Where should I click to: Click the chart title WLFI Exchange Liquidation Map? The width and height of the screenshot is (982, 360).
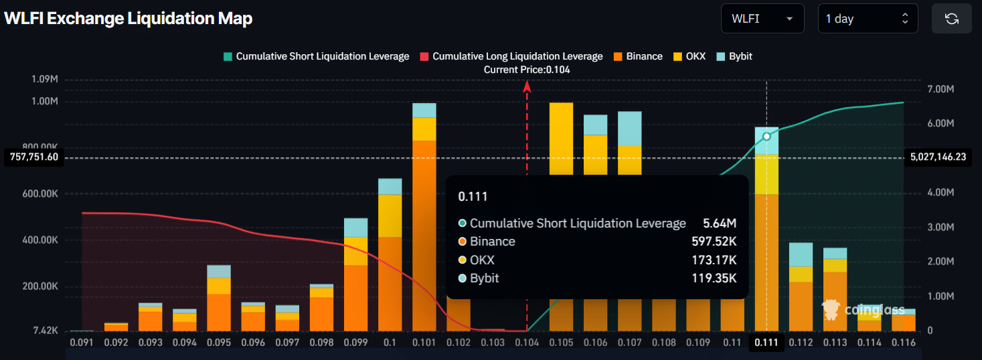[128, 19]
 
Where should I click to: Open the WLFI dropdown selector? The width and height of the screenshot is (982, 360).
[761, 19]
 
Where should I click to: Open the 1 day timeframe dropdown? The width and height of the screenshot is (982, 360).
[867, 19]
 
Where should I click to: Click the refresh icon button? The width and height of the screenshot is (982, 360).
[951, 19]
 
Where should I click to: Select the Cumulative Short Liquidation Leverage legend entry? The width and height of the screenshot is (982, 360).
[316, 56]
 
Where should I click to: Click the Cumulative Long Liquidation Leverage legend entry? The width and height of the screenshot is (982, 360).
[511, 56]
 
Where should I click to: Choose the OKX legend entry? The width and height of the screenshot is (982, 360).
[689, 56]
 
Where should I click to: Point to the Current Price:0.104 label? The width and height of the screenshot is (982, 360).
[527, 70]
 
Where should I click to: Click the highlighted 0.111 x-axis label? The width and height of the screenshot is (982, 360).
[766, 342]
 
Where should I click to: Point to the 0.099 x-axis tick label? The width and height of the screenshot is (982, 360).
[355, 342]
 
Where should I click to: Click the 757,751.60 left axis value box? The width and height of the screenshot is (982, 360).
[33, 157]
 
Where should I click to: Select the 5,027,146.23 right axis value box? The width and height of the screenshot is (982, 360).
[938, 157]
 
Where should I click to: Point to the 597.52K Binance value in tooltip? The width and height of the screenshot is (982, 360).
[714, 242]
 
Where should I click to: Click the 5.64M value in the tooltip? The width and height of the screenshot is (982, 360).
[720, 223]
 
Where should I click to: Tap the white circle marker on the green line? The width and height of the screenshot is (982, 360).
[766, 137]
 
